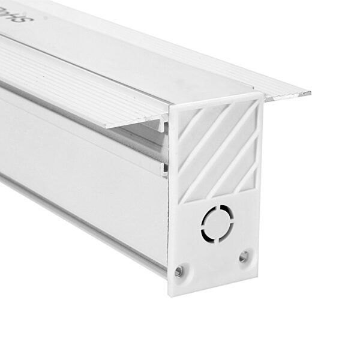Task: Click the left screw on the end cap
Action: [178, 271]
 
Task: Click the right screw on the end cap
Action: [243, 257]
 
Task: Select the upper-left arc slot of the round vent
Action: [209, 214]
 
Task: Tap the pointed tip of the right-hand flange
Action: [309, 94]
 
